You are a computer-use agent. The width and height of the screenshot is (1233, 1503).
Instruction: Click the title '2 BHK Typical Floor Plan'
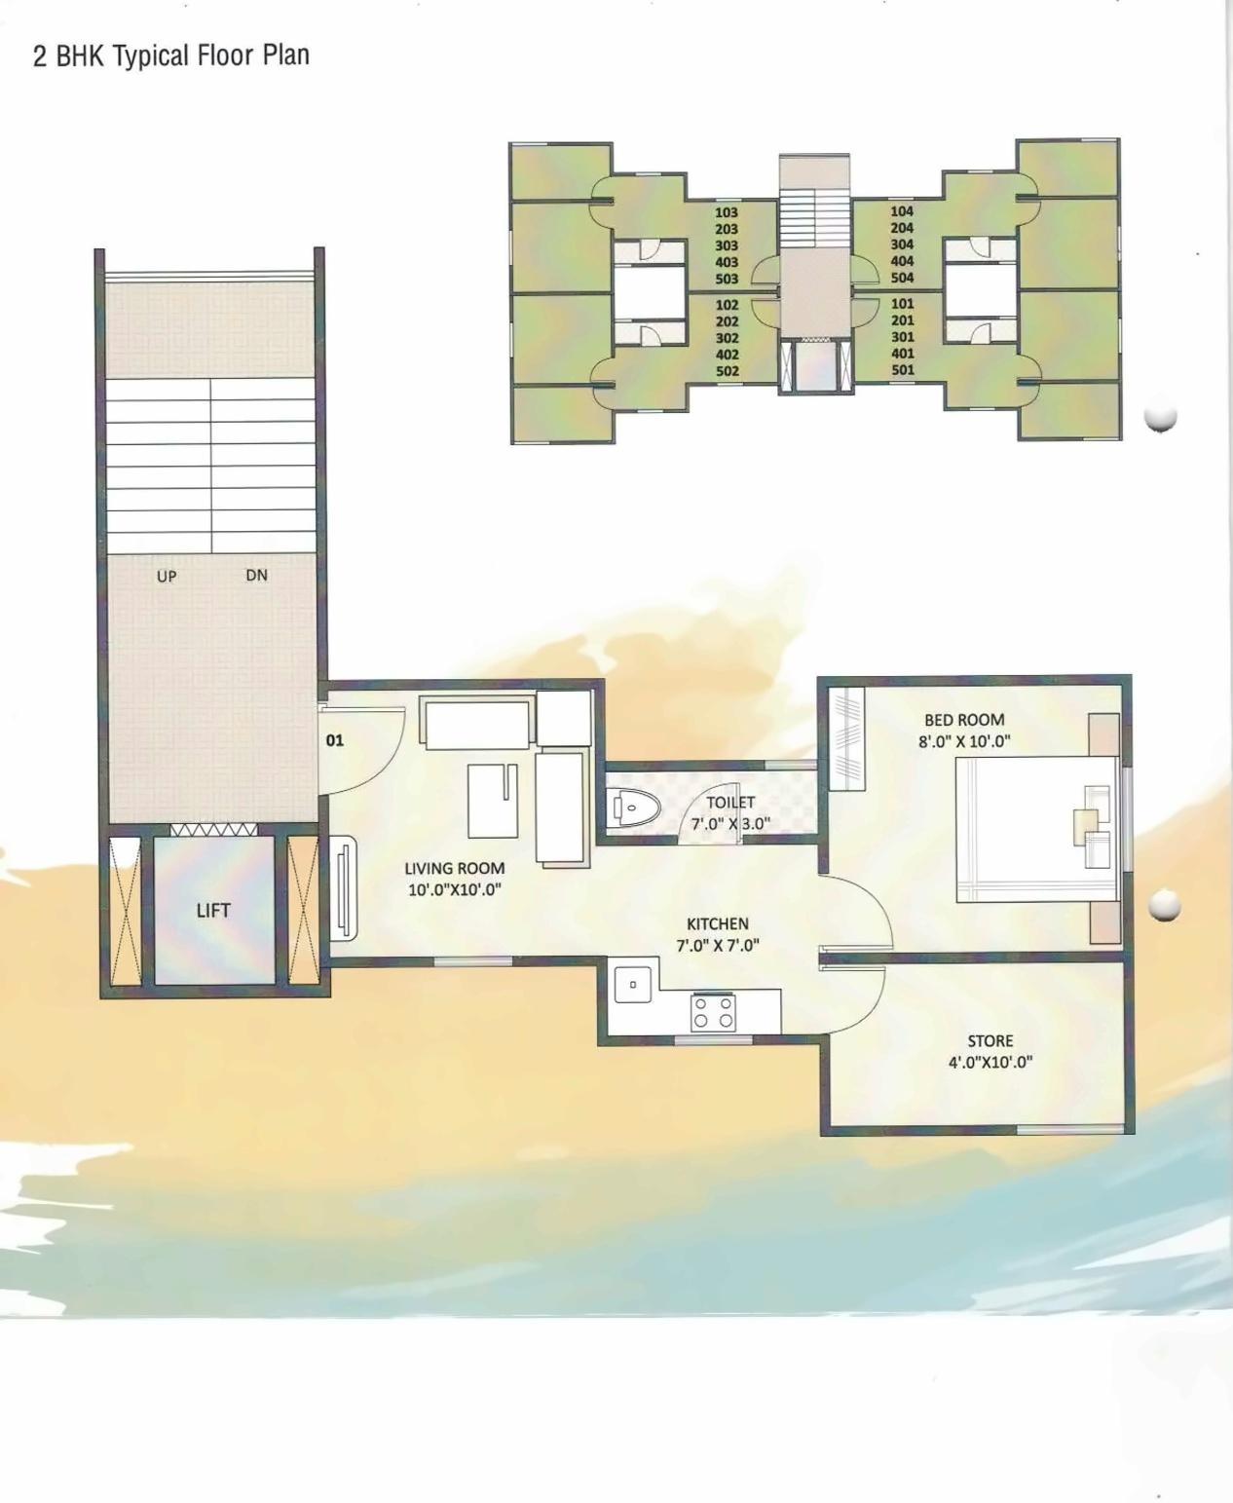pyautogui.click(x=171, y=56)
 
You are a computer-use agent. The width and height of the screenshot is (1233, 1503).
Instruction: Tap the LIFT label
pyautogui.click(x=213, y=911)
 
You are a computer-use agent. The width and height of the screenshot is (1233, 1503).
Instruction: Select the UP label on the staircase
pyautogui.click(x=167, y=577)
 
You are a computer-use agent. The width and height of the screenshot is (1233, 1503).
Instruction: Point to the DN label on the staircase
pyautogui.click(x=256, y=576)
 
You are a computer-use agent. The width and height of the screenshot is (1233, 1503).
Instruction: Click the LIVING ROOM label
pyautogui.click(x=454, y=868)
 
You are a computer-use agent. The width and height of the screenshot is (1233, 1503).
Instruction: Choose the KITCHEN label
pyautogui.click(x=718, y=923)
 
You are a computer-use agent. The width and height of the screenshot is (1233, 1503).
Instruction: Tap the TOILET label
pyautogui.click(x=730, y=803)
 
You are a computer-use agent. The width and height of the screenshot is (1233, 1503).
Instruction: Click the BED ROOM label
pyautogui.click(x=964, y=720)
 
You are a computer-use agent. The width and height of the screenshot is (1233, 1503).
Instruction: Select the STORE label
pyautogui.click(x=990, y=1040)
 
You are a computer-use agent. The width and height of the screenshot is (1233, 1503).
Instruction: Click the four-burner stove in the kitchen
pyautogui.click(x=714, y=1012)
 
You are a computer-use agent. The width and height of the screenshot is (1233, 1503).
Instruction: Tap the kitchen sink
pyautogui.click(x=633, y=984)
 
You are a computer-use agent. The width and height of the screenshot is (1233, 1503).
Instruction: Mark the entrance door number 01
pyautogui.click(x=335, y=740)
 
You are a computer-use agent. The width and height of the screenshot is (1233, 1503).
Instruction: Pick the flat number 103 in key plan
pyautogui.click(x=727, y=212)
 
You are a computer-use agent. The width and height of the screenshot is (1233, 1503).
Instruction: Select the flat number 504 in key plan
pyautogui.click(x=902, y=278)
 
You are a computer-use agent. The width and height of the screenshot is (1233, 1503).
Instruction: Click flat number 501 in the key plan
pyautogui.click(x=903, y=370)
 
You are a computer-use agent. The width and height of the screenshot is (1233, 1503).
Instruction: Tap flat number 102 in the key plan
pyautogui.click(x=727, y=305)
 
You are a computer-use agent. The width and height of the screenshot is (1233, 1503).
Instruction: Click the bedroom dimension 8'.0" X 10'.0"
pyautogui.click(x=964, y=741)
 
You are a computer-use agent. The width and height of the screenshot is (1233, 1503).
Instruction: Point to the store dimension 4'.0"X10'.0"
pyautogui.click(x=990, y=1062)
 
